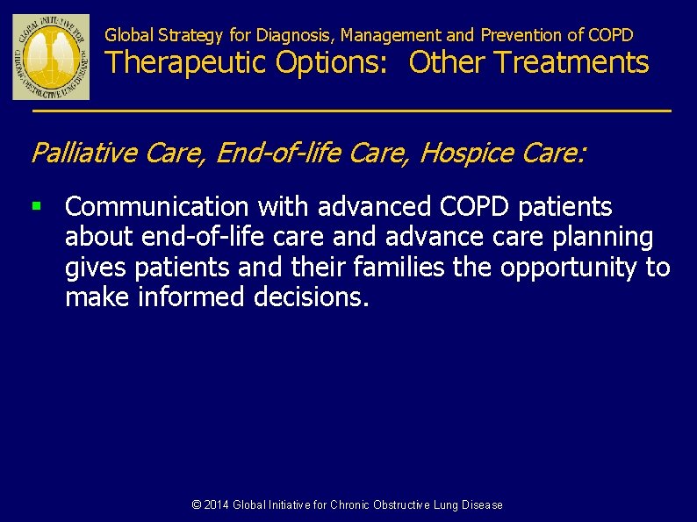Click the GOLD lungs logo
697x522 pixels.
(x=51, y=57)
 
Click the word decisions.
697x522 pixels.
(x=312, y=297)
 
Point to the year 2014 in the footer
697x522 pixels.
(x=216, y=504)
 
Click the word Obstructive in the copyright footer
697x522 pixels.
(x=401, y=504)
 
